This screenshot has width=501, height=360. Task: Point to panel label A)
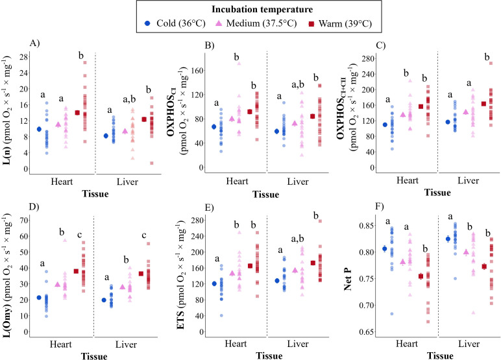(35, 43)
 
